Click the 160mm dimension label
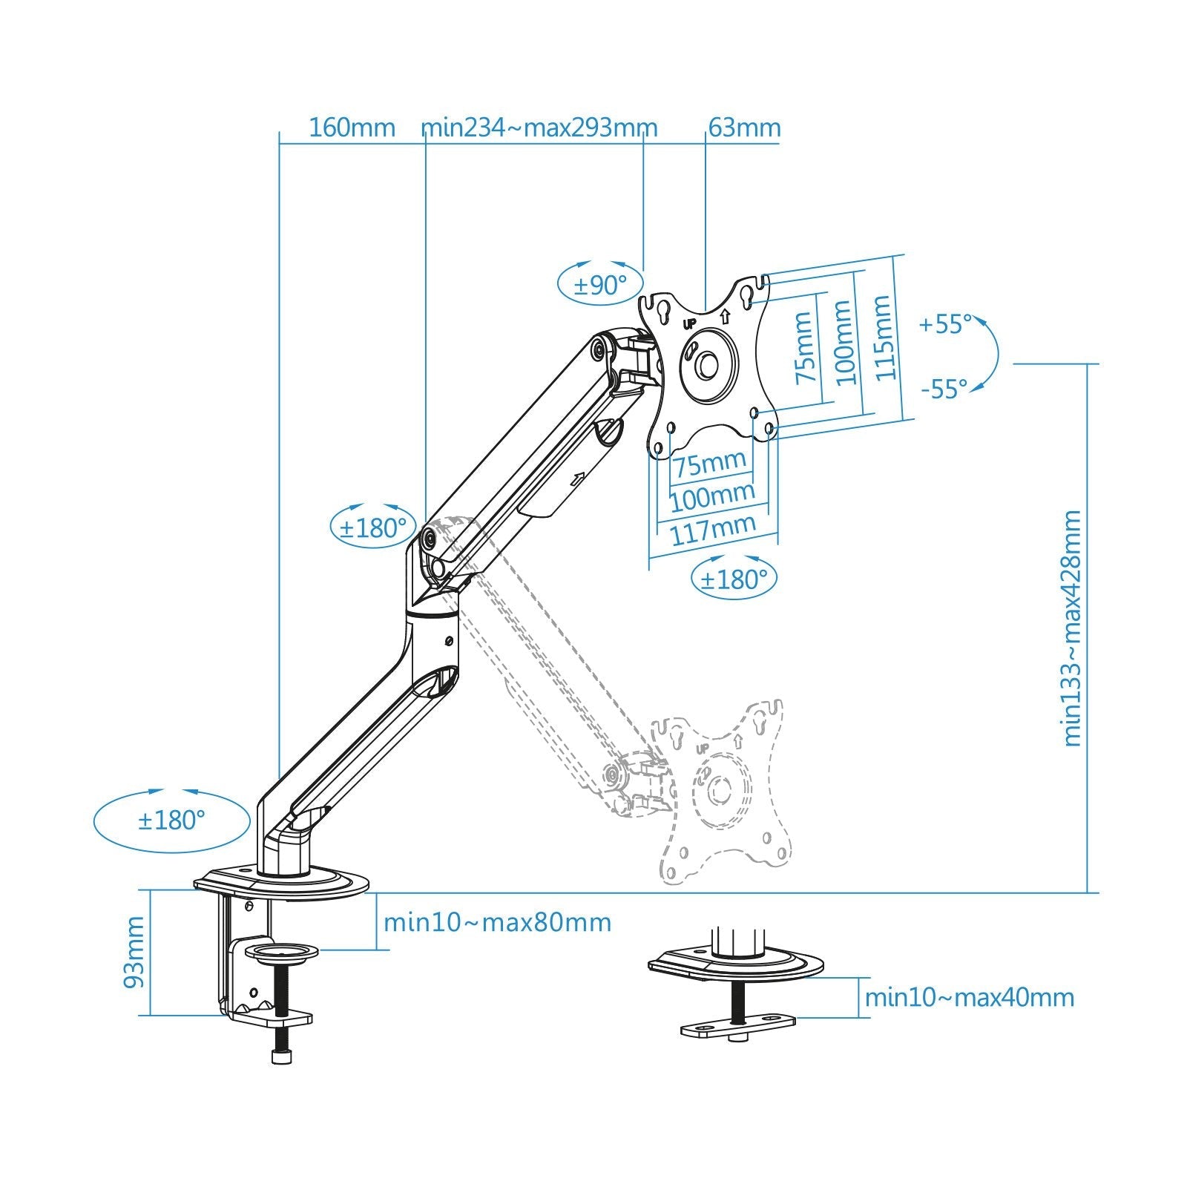pyautogui.click(x=352, y=128)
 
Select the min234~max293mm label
pyautogui.click(x=539, y=128)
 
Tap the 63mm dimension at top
pyautogui.click(x=744, y=128)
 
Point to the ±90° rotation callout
pyautogui.click(x=600, y=284)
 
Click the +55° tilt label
pyautogui.click(x=944, y=324)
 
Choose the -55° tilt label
pyautogui.click(x=944, y=388)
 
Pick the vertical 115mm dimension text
pyautogui.click(x=883, y=338)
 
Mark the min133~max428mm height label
pyautogui.click(x=1073, y=628)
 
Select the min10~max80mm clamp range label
pyautogui.click(x=497, y=923)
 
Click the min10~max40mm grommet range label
pyautogui.click(x=969, y=997)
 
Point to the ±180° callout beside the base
pyautogui.click(x=171, y=821)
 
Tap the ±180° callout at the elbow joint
pyautogui.click(x=373, y=527)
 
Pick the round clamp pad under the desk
pyautogui.click(x=281, y=952)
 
